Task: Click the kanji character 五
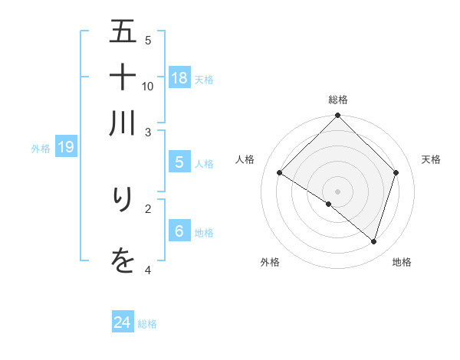tap(123, 32)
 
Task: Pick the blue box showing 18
tap(179, 77)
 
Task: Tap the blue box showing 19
tap(66, 147)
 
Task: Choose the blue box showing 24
tap(123, 322)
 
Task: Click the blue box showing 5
tap(179, 162)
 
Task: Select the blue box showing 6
tap(179, 231)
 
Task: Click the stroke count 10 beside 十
tap(148, 86)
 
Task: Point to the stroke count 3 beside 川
tap(148, 133)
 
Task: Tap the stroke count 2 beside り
tap(148, 208)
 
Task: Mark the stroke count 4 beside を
tap(148, 270)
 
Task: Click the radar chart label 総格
tap(338, 100)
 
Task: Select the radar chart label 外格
tap(270, 262)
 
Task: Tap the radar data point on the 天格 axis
tap(396, 172)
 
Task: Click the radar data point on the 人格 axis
tap(280, 173)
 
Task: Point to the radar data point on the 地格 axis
tap(373, 242)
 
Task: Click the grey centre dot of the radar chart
tap(338, 191)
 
